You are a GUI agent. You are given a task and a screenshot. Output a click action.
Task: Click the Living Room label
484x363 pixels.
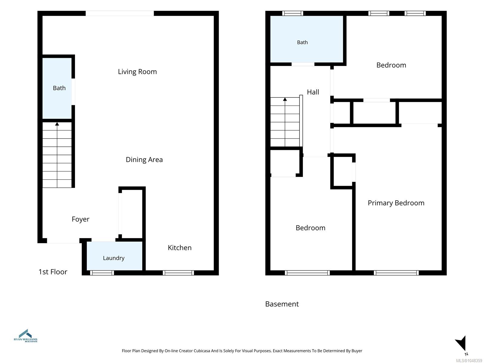tap(137, 72)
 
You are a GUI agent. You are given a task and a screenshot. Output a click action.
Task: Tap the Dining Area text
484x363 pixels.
tap(144, 160)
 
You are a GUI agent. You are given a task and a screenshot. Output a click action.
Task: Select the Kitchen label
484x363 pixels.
tap(179, 248)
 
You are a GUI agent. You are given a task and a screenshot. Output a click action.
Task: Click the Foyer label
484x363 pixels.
tap(80, 219)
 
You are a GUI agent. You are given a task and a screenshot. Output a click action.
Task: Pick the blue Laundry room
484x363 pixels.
tap(114, 256)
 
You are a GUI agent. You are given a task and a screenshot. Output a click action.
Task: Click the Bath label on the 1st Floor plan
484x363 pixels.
tap(59, 88)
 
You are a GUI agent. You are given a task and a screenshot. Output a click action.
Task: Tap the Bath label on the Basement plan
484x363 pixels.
tap(302, 42)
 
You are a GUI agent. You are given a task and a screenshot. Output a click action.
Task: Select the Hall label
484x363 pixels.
tap(313, 92)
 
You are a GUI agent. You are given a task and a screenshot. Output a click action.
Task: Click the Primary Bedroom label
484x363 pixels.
tap(396, 203)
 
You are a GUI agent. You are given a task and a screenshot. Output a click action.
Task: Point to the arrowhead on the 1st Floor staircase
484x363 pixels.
tap(57, 124)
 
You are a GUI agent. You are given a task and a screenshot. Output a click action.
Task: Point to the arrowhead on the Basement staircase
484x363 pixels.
tap(285, 100)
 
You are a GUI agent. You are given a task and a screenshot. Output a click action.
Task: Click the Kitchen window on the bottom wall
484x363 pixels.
tap(178, 273)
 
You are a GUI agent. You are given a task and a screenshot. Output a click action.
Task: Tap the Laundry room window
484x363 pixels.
tap(102, 273)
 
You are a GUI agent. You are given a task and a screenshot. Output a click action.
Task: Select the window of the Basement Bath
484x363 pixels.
tap(293, 13)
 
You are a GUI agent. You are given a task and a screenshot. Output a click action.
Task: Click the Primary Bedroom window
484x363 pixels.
tap(396, 273)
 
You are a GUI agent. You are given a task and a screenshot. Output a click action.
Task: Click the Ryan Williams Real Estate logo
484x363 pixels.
tap(26, 336)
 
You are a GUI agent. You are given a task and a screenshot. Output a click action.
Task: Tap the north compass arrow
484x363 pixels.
tap(461, 343)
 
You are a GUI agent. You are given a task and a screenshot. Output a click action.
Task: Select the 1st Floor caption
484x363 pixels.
tap(53, 272)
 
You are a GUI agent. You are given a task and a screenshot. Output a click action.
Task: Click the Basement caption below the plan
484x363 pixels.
tap(282, 304)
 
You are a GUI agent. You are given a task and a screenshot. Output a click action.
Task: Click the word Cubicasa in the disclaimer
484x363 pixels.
tap(202, 351)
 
